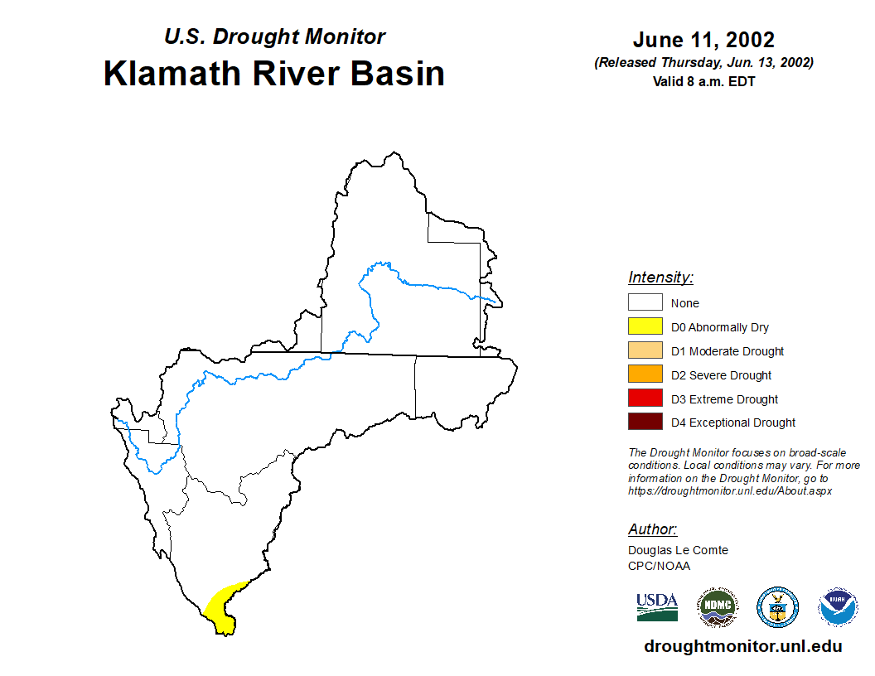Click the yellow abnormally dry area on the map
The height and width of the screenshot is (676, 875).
(x=222, y=608)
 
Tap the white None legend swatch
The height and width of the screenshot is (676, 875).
(x=645, y=302)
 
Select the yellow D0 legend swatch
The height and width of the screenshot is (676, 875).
(x=645, y=326)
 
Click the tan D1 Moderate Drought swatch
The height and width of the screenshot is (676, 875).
(x=645, y=350)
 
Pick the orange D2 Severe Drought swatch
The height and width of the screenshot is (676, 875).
(x=645, y=374)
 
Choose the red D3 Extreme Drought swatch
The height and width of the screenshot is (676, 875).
(x=645, y=398)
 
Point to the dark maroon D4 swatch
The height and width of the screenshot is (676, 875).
(x=645, y=422)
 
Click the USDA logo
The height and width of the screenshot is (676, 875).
(x=657, y=607)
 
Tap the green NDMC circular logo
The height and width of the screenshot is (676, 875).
(x=718, y=607)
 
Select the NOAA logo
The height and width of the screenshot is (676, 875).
(x=838, y=607)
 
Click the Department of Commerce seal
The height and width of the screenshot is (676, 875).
(x=777, y=607)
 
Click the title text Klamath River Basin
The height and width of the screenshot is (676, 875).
(x=274, y=74)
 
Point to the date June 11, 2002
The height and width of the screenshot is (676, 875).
(x=703, y=40)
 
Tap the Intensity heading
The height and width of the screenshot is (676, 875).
(x=660, y=278)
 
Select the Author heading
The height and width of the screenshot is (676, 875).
(x=652, y=529)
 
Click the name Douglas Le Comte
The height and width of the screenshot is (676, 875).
(x=678, y=551)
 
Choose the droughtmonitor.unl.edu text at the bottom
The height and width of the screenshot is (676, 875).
(x=742, y=646)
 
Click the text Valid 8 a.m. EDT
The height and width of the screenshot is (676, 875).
(x=703, y=81)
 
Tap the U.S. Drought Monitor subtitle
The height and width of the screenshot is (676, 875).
(x=274, y=36)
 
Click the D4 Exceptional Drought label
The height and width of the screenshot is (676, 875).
(x=732, y=422)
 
